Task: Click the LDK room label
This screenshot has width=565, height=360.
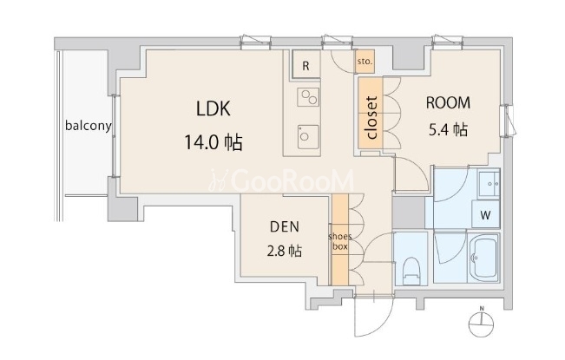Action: (x=214, y=108)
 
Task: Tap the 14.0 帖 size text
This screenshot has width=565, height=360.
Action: (x=213, y=142)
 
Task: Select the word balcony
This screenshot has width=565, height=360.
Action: (x=89, y=126)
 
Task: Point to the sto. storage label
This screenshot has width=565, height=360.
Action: (x=365, y=62)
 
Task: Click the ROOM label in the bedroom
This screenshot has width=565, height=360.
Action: (x=448, y=103)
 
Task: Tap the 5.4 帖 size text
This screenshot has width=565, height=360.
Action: (x=448, y=129)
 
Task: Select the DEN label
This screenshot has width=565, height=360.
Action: (x=285, y=226)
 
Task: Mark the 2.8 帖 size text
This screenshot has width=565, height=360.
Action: (x=285, y=251)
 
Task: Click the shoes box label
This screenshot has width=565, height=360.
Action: (x=340, y=241)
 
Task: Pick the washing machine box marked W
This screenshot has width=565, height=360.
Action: (x=485, y=215)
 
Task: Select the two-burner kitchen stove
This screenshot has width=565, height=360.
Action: (x=308, y=97)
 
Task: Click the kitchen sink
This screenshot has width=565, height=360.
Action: (x=308, y=137)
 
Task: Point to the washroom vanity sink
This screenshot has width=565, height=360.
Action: (x=489, y=184)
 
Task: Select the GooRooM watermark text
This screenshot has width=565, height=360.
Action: (x=281, y=180)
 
